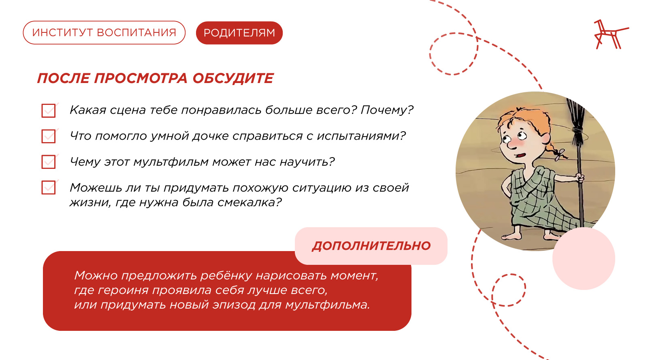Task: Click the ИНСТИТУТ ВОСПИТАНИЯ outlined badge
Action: (104, 33)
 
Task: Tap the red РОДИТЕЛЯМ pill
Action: (239, 33)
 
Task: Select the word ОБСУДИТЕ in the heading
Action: (233, 79)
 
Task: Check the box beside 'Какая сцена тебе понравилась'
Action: (49, 111)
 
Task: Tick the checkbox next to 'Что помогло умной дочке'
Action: (49, 136)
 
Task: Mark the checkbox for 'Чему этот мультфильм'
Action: (49, 162)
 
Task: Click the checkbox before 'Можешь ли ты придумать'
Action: (49, 187)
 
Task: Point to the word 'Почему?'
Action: (387, 110)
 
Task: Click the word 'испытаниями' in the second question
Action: (361, 136)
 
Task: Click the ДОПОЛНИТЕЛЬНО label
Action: (371, 246)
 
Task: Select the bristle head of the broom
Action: (576, 121)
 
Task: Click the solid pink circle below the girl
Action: (584, 258)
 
